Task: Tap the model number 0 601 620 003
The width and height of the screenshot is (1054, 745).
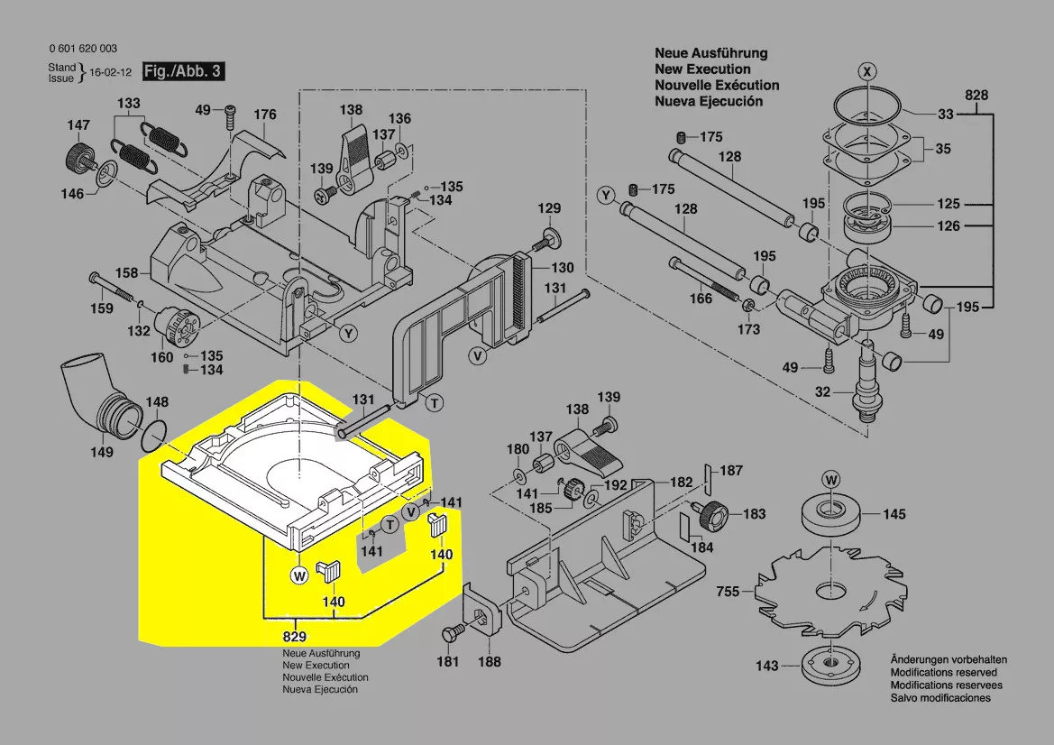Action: click(x=82, y=49)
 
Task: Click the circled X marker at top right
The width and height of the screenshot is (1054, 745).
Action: click(x=866, y=70)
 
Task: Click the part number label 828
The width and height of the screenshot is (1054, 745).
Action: click(x=976, y=96)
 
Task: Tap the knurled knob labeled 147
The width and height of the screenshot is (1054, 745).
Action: click(x=79, y=158)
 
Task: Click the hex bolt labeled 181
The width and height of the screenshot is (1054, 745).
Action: click(x=447, y=637)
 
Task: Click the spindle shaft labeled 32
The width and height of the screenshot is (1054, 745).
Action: click(x=866, y=379)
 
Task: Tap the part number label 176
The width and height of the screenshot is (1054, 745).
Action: click(x=264, y=115)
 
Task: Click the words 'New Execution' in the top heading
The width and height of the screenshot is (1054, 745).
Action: click(x=702, y=69)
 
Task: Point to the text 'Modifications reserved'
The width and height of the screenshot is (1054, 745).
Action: click(x=943, y=673)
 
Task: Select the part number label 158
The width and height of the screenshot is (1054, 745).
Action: click(x=127, y=272)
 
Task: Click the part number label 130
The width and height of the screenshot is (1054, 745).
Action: click(x=563, y=268)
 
